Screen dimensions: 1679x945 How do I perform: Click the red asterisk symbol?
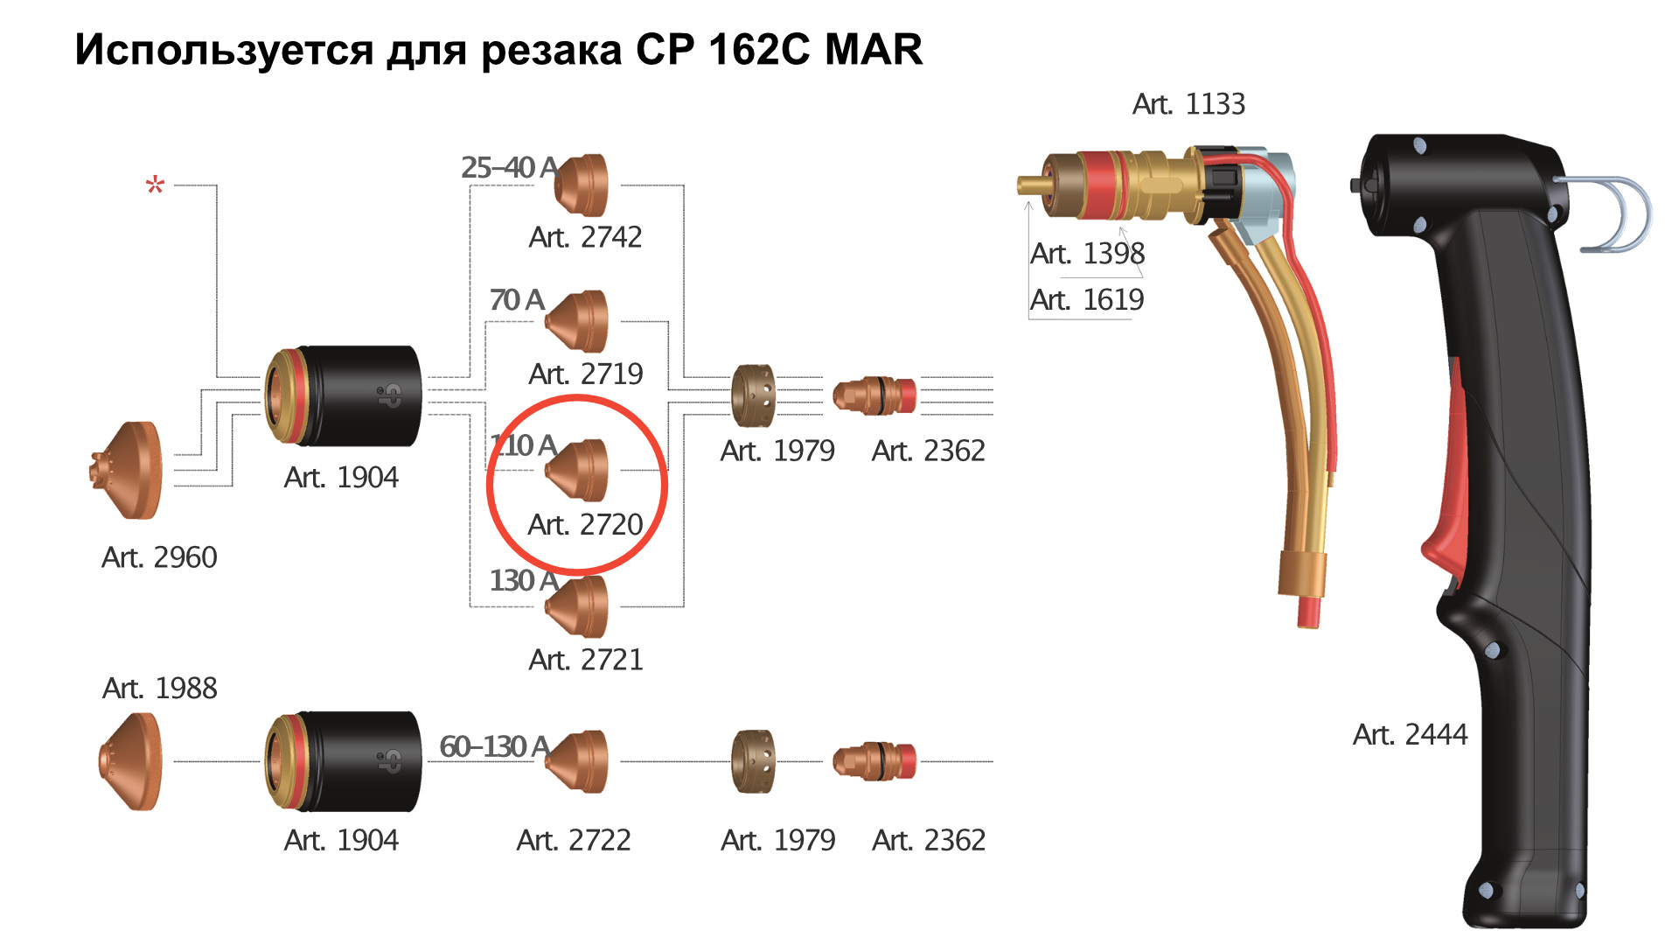tap(155, 185)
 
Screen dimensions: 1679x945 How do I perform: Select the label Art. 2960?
tap(159, 557)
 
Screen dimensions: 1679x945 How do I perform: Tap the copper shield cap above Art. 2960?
tap(126, 471)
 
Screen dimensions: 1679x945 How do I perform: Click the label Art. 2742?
tap(585, 237)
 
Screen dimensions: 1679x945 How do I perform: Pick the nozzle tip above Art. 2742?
tap(581, 185)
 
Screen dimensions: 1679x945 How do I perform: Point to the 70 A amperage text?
tap(517, 300)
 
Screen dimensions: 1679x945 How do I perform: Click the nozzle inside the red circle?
tap(576, 471)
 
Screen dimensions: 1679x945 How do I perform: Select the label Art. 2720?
tap(585, 525)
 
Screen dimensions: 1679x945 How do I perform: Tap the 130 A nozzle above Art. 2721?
tap(576, 606)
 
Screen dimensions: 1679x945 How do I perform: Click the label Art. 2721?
tap(585, 660)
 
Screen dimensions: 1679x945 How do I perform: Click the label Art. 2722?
tap(573, 840)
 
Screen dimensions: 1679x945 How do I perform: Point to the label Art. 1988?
tap(159, 689)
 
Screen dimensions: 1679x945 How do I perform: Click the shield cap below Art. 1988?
tap(130, 761)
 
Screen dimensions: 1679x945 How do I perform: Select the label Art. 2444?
tap(1410, 735)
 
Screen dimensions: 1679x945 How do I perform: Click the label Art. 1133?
tap(1188, 104)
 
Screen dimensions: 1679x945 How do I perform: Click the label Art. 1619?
tap(1087, 300)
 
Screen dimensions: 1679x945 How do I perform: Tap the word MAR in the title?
tap(873, 50)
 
